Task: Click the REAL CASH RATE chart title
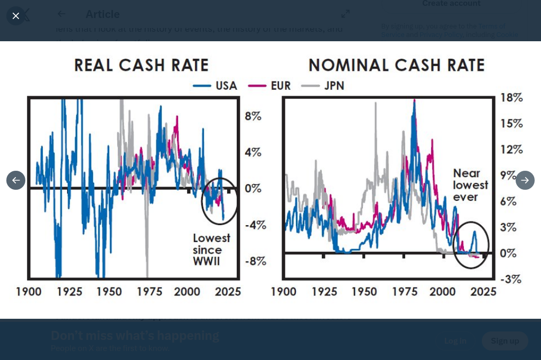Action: (141, 65)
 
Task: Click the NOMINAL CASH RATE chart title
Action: (396, 65)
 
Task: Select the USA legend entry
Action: (215, 86)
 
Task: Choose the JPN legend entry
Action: (323, 86)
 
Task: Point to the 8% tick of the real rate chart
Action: (253, 116)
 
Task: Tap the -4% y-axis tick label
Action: (255, 225)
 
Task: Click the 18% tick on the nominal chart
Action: (511, 98)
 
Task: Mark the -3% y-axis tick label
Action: (511, 279)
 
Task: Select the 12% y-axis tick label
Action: (511, 150)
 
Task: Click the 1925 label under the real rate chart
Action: (69, 292)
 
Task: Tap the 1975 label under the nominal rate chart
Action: (404, 292)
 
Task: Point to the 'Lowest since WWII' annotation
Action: (211, 250)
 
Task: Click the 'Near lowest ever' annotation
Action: (470, 185)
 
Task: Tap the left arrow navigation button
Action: (16, 180)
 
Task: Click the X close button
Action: (16, 16)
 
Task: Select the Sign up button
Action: (505, 341)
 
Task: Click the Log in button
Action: (455, 341)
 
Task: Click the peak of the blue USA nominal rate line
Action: (414, 101)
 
